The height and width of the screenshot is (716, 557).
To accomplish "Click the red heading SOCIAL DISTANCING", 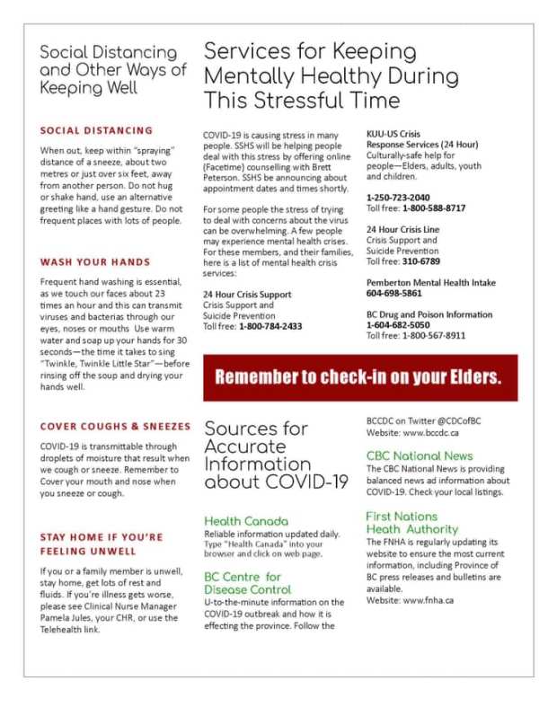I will point(96,130).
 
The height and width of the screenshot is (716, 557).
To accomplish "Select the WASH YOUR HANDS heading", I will point(95,262).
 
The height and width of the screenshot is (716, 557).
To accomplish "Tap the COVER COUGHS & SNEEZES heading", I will point(115,426).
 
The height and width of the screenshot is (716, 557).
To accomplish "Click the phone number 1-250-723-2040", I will point(397,197).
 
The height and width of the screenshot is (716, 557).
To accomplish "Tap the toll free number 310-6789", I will point(421,261).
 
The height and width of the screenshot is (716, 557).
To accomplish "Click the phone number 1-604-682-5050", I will point(397,324).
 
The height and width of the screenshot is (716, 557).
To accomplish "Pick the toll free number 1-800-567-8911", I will point(434,335).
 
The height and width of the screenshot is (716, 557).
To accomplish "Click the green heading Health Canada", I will point(246,521).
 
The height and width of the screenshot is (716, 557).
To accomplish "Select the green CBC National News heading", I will point(420,456).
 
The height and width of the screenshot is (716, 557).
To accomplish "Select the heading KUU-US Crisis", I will point(393,134).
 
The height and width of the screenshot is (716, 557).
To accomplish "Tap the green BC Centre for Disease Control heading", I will point(247,583).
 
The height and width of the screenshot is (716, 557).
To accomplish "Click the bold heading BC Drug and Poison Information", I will point(429,314).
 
